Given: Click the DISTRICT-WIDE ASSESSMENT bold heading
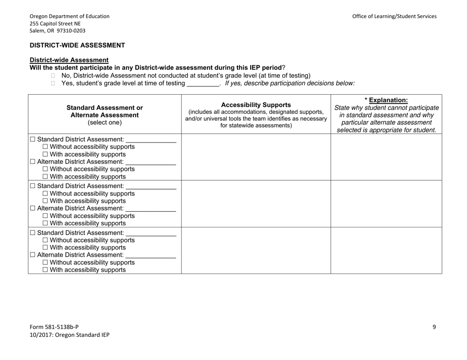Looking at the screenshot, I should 77,45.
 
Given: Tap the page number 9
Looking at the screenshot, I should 434,327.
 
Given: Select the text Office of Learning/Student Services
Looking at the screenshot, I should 394,16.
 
